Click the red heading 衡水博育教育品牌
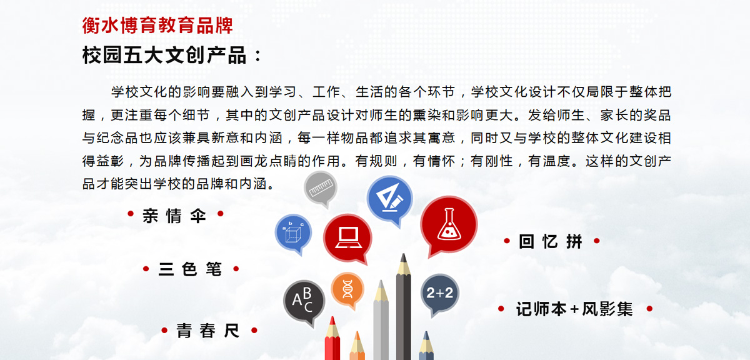(x=157, y=26)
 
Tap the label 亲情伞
(x=174, y=216)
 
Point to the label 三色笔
(x=190, y=269)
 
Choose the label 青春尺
(x=208, y=331)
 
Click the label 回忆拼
(x=551, y=241)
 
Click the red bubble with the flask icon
(x=449, y=226)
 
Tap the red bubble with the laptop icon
(x=348, y=238)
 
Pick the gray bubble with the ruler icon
(x=321, y=187)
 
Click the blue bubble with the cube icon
(x=293, y=233)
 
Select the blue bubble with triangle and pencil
(x=390, y=199)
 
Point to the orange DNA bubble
(x=347, y=289)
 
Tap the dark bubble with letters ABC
(x=304, y=301)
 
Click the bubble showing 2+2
(x=439, y=294)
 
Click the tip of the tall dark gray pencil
(x=404, y=254)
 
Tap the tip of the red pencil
(x=332, y=317)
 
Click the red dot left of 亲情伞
(x=131, y=214)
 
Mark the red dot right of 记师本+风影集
(x=649, y=309)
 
